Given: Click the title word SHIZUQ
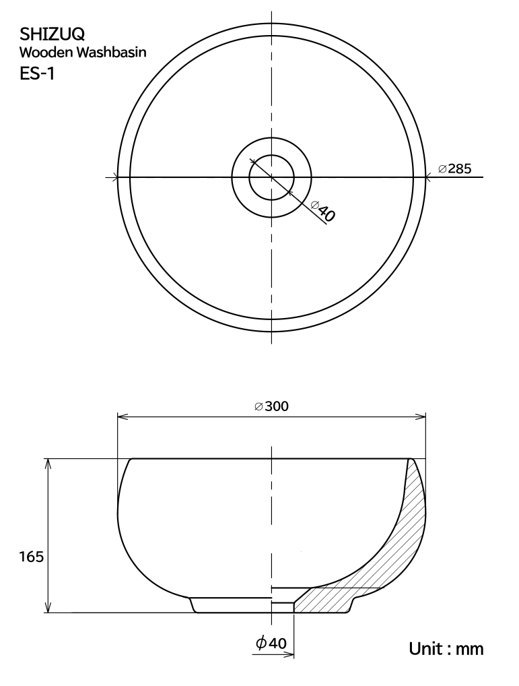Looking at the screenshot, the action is (53, 34).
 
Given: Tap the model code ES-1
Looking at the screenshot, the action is (37, 74).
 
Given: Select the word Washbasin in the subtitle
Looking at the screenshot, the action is (111, 53).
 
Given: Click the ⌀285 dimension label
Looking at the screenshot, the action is (455, 168).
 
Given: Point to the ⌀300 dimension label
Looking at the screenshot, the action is (271, 406).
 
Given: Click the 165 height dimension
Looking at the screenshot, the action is (32, 557).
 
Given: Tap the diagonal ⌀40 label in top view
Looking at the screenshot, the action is (323, 211).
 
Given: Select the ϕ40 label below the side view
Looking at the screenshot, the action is (271, 643).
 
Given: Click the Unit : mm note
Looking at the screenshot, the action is (446, 648).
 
